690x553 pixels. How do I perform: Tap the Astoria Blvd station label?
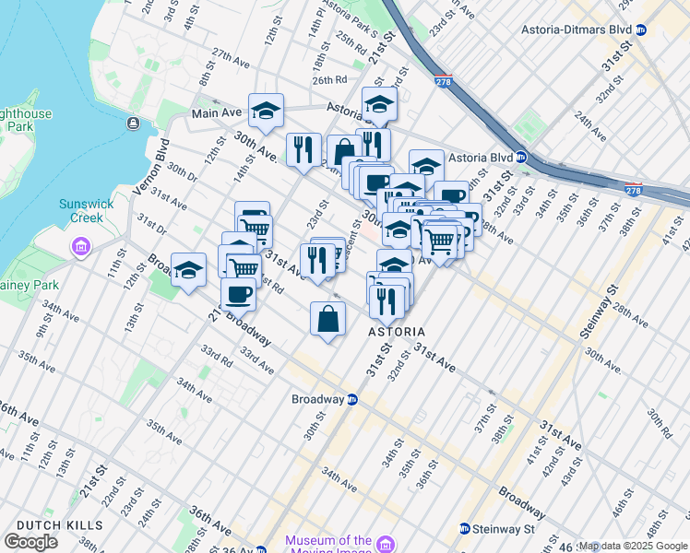480,158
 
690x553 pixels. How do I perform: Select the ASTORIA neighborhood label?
397,332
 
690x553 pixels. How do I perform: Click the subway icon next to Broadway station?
351,400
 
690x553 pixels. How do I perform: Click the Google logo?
30,542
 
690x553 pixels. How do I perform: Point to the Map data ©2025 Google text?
633,546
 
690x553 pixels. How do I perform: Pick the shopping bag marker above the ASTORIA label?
328,319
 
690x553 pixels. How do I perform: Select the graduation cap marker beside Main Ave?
266,111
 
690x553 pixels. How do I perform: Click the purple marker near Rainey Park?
80,247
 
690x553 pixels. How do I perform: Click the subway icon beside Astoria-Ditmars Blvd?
641,29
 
